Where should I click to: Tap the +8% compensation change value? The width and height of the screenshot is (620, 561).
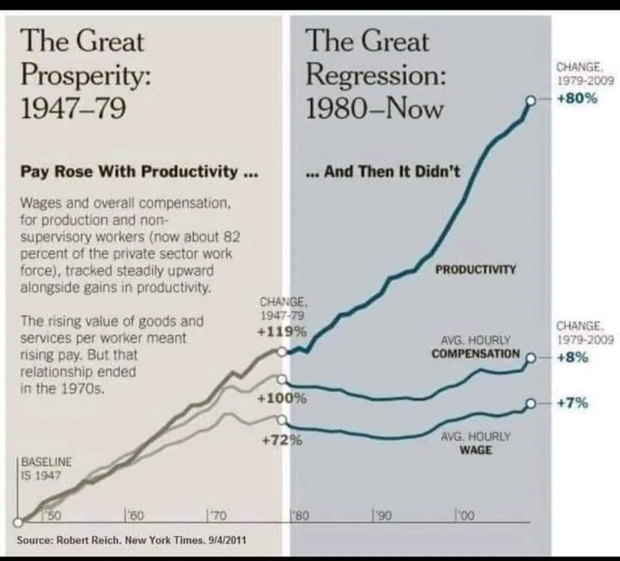point(574,358)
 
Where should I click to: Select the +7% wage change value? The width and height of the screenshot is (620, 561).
point(574,403)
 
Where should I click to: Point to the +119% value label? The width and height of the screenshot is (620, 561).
point(282,331)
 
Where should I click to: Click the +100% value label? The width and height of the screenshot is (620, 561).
point(282,398)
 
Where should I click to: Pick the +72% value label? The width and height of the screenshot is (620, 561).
point(282,440)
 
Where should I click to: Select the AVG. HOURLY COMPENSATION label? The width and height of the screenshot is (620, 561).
point(476,347)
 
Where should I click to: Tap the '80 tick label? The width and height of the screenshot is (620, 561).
point(298,515)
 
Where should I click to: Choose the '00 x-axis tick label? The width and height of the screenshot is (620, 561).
point(465,515)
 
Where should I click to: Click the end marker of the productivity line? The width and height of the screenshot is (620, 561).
point(530,100)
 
